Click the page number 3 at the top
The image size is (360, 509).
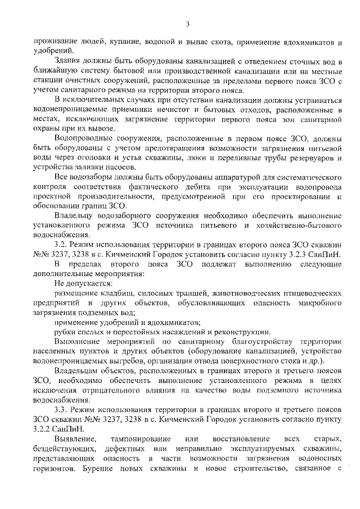pos(187,23)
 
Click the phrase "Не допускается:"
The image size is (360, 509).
pos(83,283)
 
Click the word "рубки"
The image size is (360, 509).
pos(66,332)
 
